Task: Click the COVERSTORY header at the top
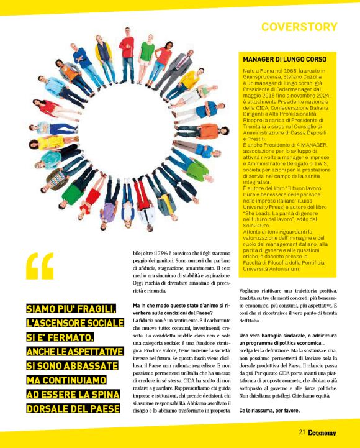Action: pos(299,27)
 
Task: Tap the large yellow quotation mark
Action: pos(40,268)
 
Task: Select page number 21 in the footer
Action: pos(302,432)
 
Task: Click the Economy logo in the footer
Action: pos(322,432)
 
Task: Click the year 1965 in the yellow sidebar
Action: pos(281,73)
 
